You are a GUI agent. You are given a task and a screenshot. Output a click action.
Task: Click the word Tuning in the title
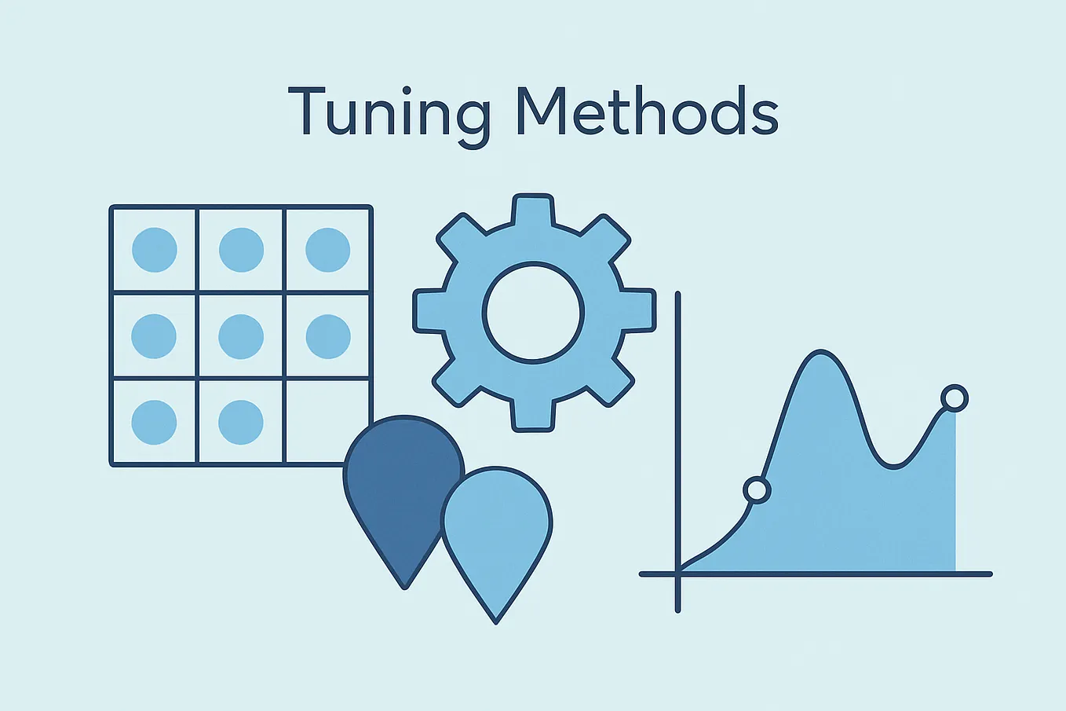(x=389, y=112)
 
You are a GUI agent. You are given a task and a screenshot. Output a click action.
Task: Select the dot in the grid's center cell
(x=241, y=336)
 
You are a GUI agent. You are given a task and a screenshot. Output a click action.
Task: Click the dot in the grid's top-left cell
(x=155, y=250)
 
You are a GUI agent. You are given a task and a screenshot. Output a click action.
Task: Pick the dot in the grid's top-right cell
(x=327, y=250)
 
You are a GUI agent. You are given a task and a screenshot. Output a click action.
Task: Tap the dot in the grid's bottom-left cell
(x=155, y=422)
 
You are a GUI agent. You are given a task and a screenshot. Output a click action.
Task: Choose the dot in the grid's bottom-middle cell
(x=241, y=422)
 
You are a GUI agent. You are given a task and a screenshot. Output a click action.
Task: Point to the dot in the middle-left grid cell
(x=155, y=336)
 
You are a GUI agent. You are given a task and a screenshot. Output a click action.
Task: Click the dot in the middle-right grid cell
(x=327, y=336)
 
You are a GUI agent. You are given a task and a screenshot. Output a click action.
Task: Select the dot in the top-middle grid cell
(x=241, y=250)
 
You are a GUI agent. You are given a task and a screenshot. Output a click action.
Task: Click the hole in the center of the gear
(x=534, y=313)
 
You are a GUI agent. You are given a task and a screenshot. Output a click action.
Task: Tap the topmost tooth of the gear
(x=534, y=210)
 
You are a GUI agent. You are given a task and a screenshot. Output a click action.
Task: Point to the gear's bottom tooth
(x=534, y=415)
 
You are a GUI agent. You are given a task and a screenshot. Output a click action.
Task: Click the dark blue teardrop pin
(x=396, y=487)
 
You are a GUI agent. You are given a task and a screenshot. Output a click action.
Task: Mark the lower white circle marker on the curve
(x=757, y=491)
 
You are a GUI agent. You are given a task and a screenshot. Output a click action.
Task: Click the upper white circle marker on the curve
(x=954, y=398)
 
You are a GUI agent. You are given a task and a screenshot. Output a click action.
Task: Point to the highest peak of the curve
(x=820, y=353)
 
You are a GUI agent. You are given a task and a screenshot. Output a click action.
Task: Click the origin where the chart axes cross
(x=677, y=574)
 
